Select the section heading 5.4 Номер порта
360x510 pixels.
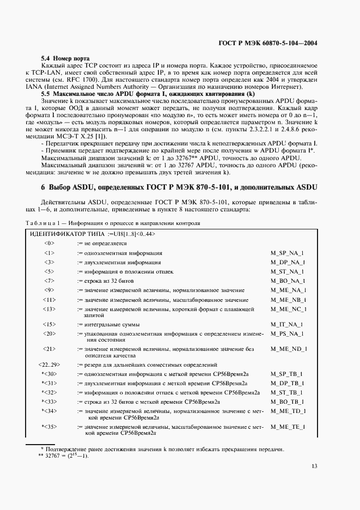pyautogui.click(x=65, y=58)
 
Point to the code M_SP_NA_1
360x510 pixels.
pyautogui.click(x=287, y=253)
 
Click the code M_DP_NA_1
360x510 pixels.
pyautogui.click(x=287, y=262)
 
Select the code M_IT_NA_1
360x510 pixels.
pyautogui.click(x=286, y=324)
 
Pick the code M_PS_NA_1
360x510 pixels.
pyautogui.click(x=287, y=333)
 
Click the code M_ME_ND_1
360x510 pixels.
pyautogui.click(x=288, y=349)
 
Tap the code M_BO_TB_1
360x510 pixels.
pyautogui.click(x=287, y=401)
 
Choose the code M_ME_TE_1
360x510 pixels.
pyautogui.click(x=288, y=427)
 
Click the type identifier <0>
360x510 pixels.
pyautogui.click(x=50, y=243)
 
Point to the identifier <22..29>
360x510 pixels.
pyautogui.click(x=50, y=365)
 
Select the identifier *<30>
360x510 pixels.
pyautogui.click(x=50, y=374)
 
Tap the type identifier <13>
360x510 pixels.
pyautogui.click(x=50, y=309)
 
